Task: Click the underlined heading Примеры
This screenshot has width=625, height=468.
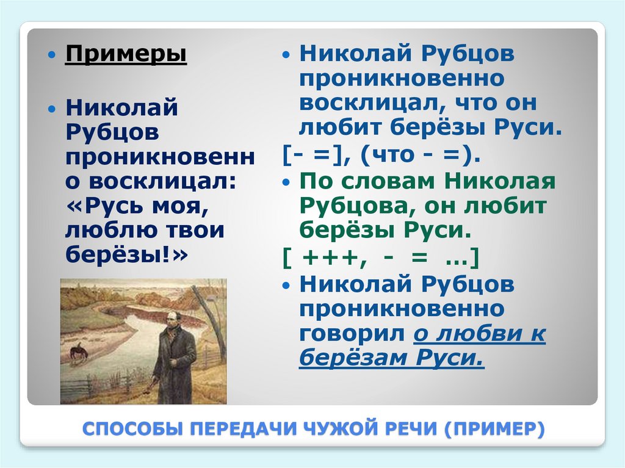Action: pos(126,54)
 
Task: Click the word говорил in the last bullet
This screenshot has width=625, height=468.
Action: pos(352,334)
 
